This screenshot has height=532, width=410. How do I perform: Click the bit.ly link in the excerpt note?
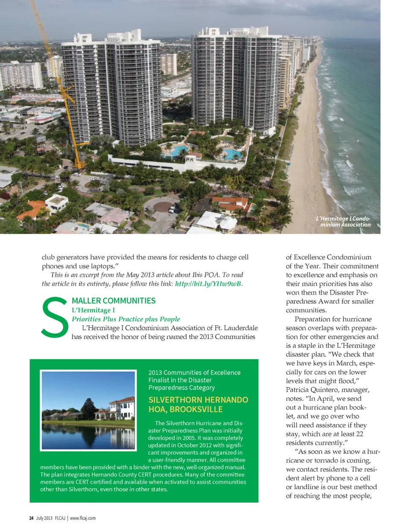click(x=208, y=284)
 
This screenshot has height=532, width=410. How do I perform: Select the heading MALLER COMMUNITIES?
click(x=114, y=301)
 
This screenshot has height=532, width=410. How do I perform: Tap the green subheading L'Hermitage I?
click(x=93, y=310)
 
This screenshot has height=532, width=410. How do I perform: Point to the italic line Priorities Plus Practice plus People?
click(x=126, y=319)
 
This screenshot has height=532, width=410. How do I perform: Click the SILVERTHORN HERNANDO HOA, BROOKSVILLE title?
click(x=198, y=405)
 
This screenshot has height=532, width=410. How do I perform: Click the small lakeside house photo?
click(x=88, y=410)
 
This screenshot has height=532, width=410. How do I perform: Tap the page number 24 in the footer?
click(x=31, y=518)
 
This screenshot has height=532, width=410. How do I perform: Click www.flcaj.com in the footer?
click(x=83, y=518)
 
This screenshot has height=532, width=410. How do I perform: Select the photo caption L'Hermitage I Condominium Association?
click(x=343, y=221)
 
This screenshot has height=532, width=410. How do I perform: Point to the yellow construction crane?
click(x=60, y=85)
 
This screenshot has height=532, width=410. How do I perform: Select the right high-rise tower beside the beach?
click(x=235, y=81)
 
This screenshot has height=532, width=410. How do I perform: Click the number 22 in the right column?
click(x=359, y=434)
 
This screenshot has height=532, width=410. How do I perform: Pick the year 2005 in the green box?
click(x=202, y=438)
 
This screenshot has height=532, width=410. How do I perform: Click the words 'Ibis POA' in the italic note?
click(x=203, y=275)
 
